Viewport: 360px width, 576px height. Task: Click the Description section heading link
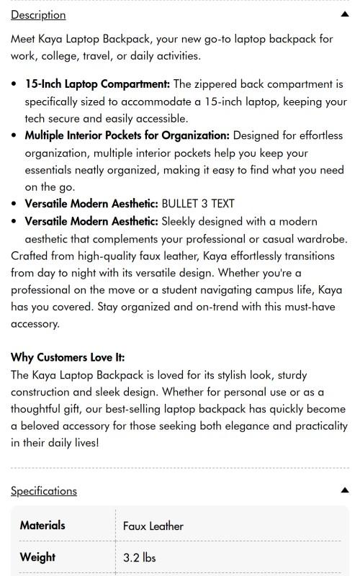click(38, 15)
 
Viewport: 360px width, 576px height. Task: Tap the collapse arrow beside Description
click(345, 14)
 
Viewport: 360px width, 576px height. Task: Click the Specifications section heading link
click(43, 491)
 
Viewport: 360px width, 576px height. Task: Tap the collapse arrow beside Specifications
click(345, 490)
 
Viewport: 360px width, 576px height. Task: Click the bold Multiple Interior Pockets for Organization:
click(127, 135)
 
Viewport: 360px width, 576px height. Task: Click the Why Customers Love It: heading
click(68, 358)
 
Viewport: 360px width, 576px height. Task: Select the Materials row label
click(42, 526)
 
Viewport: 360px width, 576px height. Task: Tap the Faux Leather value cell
click(153, 526)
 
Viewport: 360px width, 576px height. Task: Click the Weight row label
click(37, 557)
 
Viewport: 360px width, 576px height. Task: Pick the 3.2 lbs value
click(139, 558)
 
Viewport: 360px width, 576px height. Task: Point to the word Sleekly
click(182, 221)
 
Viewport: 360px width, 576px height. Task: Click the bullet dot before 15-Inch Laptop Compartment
click(15, 85)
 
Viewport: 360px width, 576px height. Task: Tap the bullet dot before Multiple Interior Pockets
click(15, 136)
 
